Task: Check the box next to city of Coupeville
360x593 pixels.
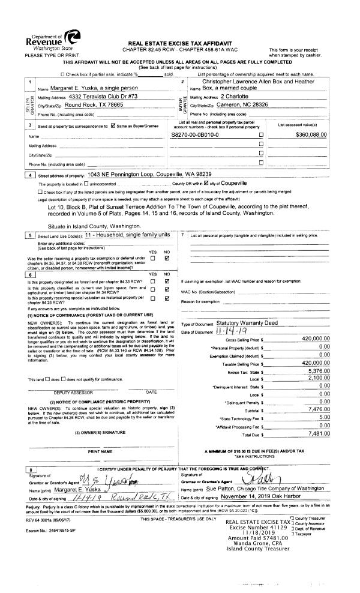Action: tap(206, 183)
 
